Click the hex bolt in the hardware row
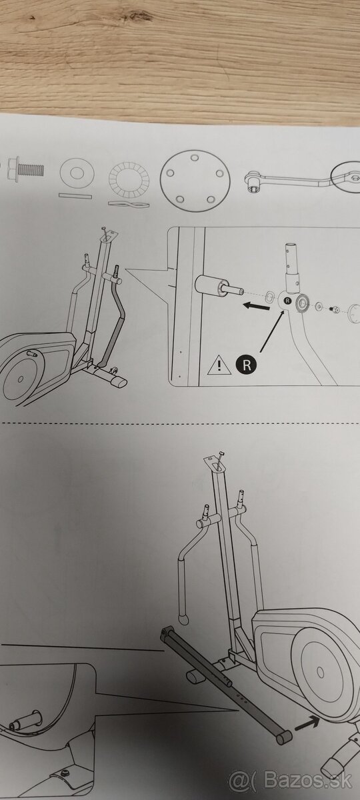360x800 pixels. coord(25,169)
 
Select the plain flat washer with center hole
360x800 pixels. coord(77,173)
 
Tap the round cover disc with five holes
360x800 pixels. coord(195,181)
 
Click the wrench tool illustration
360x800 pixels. coord(303,179)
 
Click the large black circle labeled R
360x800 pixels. coord(247,365)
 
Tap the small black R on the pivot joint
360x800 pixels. coord(287,301)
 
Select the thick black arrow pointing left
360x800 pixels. coord(256,305)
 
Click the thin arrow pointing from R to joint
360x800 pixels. coord(272,331)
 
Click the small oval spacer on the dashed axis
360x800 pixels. coord(269,296)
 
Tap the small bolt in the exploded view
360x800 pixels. coord(334,309)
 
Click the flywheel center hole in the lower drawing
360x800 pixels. coord(321,672)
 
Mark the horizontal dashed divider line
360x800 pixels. coord(180,423)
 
